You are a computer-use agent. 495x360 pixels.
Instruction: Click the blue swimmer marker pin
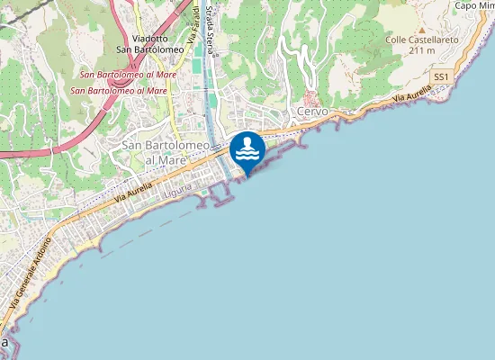247,148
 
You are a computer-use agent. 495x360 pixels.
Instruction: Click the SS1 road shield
441,77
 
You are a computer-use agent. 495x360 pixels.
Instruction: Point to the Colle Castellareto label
422,40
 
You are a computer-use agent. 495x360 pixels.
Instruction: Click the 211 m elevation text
422,50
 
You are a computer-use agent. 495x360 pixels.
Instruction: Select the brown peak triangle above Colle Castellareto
421,30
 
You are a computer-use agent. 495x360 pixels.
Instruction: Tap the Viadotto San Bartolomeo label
150,43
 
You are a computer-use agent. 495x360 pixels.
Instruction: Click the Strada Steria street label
209,27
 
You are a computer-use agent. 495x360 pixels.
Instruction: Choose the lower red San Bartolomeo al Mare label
119,90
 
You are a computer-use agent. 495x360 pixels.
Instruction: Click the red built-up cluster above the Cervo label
311,97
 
